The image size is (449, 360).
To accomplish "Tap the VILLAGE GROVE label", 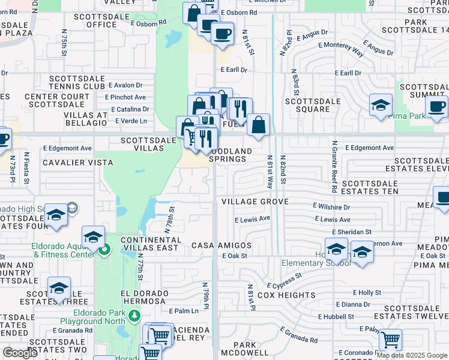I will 255,202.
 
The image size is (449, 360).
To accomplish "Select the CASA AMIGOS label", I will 221,246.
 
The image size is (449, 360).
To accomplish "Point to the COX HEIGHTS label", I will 286,295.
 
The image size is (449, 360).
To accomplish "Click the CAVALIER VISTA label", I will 77,163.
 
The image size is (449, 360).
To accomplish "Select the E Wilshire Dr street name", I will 331,206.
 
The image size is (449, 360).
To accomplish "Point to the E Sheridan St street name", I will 351,232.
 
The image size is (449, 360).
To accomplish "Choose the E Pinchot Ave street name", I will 125,97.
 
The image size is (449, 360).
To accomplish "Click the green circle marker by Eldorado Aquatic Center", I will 105,248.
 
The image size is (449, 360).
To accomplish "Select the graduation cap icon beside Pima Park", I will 381,106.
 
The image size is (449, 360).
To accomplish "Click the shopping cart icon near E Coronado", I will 390,340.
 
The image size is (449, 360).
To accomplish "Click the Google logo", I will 20,353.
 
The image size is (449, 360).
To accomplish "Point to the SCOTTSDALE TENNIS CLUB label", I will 77,82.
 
